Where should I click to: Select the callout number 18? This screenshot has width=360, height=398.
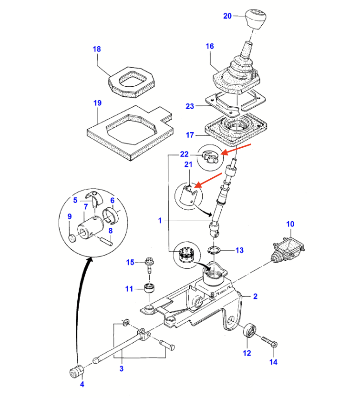pyautogui.click(x=97, y=49)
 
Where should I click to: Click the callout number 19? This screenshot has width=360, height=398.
pyautogui.click(x=97, y=102)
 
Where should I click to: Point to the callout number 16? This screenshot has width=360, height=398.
pyautogui.click(x=210, y=46)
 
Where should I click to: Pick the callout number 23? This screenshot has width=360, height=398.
pyautogui.click(x=190, y=106)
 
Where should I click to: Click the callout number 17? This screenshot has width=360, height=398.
pyautogui.click(x=190, y=135)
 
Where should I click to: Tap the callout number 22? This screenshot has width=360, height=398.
pyautogui.click(x=185, y=154)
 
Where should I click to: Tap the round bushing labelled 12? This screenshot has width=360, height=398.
pyautogui.click(x=249, y=332)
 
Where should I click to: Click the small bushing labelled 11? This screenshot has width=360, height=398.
pyautogui.click(x=151, y=288)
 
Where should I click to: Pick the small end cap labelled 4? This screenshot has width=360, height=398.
pyautogui.click(x=76, y=371)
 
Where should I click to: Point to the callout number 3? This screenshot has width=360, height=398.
pyautogui.click(x=121, y=368)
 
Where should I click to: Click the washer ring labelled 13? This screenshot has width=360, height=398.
pyautogui.click(x=215, y=250)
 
